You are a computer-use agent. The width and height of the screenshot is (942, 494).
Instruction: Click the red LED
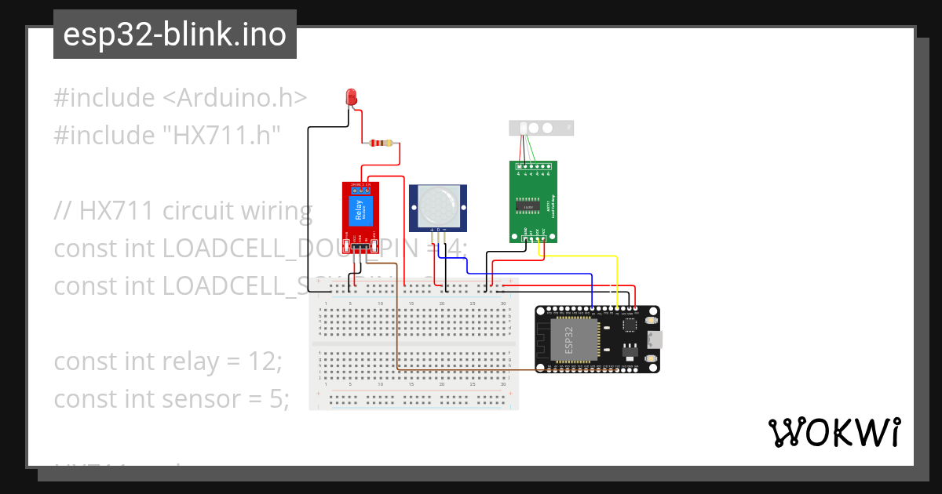click(x=352, y=96)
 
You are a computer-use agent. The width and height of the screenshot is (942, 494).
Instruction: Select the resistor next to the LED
click(x=380, y=143)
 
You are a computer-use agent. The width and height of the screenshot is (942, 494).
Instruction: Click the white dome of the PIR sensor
click(x=437, y=205)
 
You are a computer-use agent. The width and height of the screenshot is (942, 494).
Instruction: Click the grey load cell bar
click(x=542, y=128)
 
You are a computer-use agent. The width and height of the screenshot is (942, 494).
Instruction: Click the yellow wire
click(x=617, y=274)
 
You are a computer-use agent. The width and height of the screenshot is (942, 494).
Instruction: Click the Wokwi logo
click(x=834, y=432)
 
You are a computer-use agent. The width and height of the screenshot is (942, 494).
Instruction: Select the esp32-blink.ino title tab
click(x=174, y=35)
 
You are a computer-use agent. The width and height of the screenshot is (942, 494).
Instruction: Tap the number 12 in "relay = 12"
click(x=264, y=361)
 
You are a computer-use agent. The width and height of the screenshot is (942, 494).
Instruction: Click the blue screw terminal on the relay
click(x=360, y=189)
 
